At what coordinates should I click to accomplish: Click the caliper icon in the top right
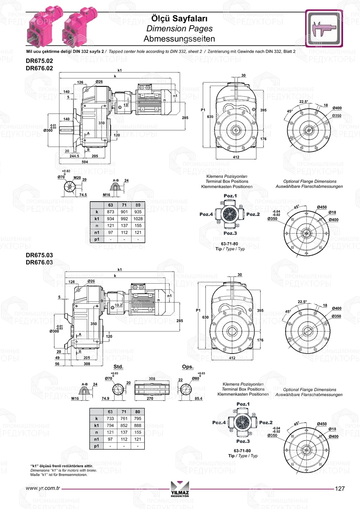coord(324,28)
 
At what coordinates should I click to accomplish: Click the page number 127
coord(339,488)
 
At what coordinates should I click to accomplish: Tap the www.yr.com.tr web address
coord(43,488)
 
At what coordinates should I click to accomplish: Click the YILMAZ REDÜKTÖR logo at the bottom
coord(180,490)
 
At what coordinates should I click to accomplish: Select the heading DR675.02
coord(39,61)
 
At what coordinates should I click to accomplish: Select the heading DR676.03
coord(39,262)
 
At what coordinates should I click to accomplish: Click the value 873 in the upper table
coord(111,212)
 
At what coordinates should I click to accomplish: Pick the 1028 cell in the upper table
coord(138,219)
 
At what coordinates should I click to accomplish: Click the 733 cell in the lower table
coord(110,419)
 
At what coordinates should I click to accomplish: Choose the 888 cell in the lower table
coord(138,425)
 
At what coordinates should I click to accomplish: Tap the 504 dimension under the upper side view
coord(85,162)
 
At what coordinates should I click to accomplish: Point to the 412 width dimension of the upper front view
coord(236,157)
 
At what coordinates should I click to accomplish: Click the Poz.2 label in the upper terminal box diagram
coord(253,214)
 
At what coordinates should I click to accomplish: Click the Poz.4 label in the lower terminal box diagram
coord(219,423)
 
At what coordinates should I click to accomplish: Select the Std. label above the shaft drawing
coord(118,367)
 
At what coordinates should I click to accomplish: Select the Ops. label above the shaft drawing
coord(188,367)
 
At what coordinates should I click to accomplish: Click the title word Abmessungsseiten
coord(179,39)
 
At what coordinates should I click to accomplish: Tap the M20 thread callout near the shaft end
coord(77,178)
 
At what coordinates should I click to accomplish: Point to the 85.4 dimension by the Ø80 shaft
coord(198,398)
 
